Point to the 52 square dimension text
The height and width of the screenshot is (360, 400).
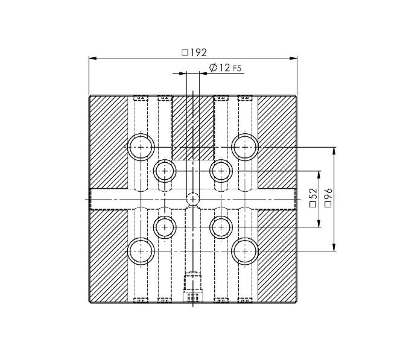313,198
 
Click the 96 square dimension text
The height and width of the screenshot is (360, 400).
329,198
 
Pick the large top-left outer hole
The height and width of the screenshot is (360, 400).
141,147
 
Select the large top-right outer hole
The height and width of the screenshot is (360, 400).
245,147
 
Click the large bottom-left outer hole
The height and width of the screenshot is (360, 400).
141,250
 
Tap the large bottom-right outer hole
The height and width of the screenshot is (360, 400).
245,250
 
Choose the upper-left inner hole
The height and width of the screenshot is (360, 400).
165,171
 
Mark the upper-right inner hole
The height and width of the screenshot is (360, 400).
221,171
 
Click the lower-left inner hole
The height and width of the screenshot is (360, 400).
165,227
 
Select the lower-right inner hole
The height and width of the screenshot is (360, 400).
221,227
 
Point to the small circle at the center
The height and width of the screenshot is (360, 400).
193,198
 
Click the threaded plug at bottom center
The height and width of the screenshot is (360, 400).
193,287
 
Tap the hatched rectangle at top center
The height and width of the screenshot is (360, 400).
193,127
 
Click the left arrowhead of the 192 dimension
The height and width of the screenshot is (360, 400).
92,58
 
